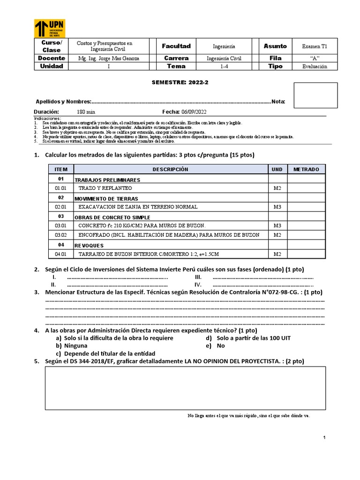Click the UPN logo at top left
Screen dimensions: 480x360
point(49,29)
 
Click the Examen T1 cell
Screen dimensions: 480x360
point(318,46)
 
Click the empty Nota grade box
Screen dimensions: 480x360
point(315,95)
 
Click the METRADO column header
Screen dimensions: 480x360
point(306,169)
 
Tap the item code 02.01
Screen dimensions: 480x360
point(61,207)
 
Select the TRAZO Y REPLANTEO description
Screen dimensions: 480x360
point(105,188)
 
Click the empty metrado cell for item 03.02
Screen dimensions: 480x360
point(306,234)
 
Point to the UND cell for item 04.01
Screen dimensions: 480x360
point(277,254)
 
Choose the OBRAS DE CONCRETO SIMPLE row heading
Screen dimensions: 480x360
point(112,217)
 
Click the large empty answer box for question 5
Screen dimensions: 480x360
point(185,387)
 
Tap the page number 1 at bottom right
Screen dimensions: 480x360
point(324,437)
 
